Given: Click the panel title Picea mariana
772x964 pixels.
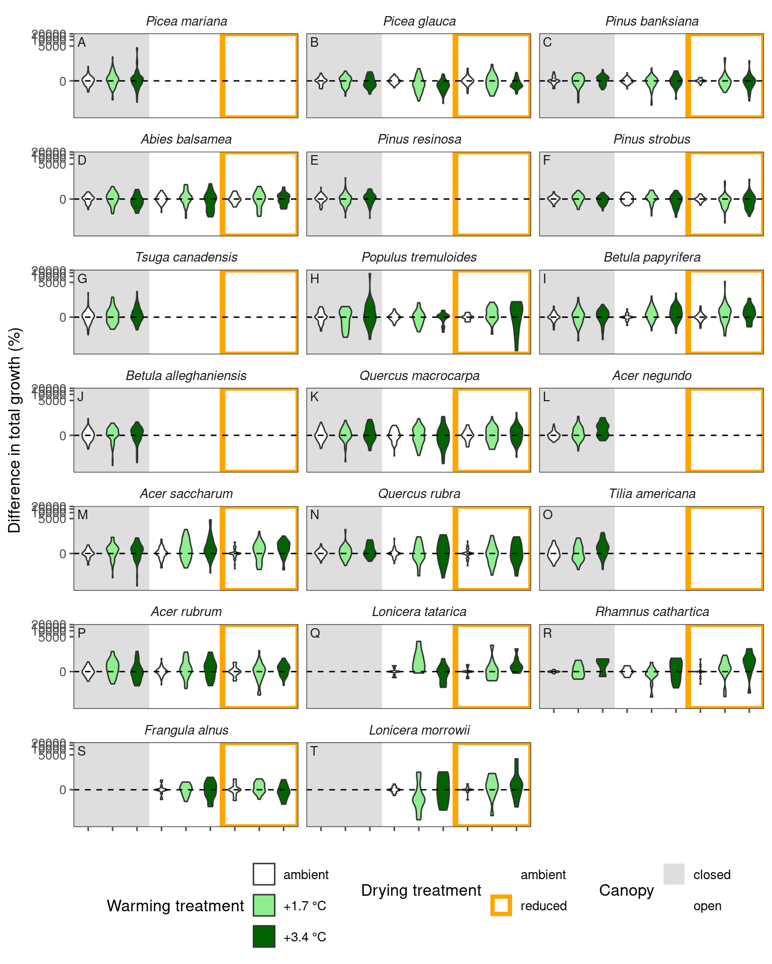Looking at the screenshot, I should click(x=186, y=22).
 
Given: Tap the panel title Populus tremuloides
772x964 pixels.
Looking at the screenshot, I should click(x=419, y=258).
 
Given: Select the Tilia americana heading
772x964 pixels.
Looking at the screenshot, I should click(x=652, y=494).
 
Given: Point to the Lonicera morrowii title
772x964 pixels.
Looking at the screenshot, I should click(x=419, y=731).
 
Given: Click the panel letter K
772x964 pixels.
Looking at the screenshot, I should click(x=315, y=397).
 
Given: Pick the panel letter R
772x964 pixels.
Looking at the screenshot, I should click(x=547, y=634).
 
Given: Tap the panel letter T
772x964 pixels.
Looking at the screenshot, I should click(x=314, y=752).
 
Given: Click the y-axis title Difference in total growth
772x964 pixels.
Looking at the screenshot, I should click(x=15, y=430).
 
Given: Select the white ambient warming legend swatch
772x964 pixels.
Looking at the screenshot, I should click(x=264, y=874).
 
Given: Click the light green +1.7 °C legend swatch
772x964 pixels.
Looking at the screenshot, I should click(x=264, y=905).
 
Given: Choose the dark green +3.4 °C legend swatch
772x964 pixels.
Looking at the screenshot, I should click(x=264, y=936).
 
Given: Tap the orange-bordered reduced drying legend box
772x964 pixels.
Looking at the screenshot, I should click(x=501, y=905).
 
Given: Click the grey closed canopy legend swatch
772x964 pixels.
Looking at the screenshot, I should click(x=673, y=874).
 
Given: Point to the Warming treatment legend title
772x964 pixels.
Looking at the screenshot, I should click(x=175, y=906).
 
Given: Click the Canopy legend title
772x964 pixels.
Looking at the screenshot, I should click(x=626, y=890).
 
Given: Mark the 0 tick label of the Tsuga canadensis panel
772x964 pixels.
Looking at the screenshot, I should click(x=63, y=317).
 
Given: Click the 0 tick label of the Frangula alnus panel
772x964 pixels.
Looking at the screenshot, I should click(x=63, y=790).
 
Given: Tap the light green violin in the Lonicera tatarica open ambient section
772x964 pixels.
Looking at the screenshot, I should click(x=418, y=658).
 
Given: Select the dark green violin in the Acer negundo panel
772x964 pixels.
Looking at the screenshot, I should click(x=603, y=429).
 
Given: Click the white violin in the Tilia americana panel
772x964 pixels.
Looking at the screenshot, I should click(x=554, y=553).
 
